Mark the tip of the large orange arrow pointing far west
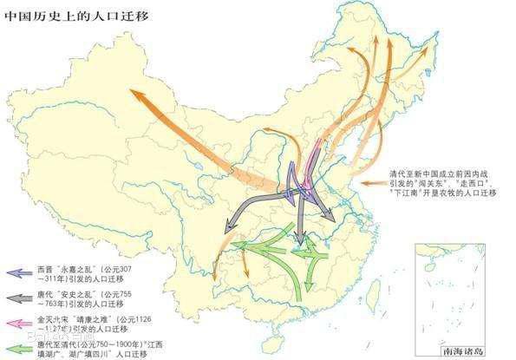click(131, 90)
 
